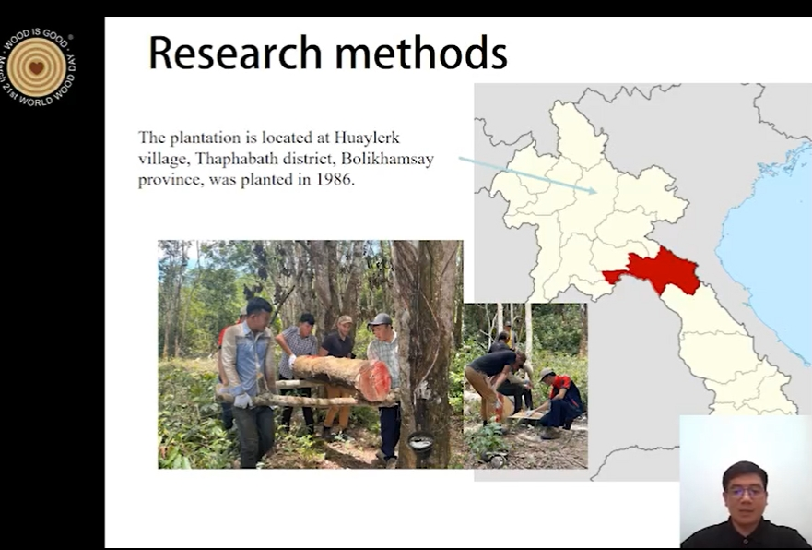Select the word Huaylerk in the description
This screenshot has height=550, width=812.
367,137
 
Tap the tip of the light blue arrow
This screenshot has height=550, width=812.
596,192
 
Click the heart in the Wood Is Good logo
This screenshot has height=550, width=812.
36,66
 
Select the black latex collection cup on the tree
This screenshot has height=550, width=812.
421,443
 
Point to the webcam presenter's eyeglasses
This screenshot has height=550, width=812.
746,490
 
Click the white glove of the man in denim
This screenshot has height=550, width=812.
241,401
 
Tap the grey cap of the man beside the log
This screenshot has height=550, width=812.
380,319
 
